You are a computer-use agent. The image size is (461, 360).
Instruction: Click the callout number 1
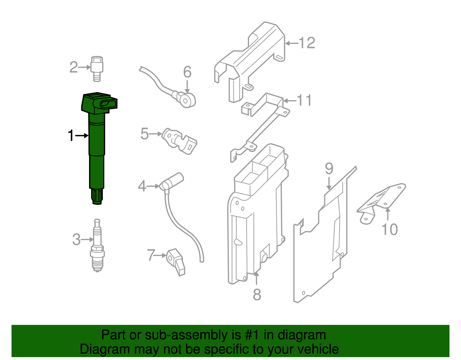[x=71, y=135]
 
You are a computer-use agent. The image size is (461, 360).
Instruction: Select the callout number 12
[x=307, y=43]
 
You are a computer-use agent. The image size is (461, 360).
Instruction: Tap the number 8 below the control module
[x=257, y=295]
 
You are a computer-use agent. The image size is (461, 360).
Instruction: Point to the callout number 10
[x=389, y=229]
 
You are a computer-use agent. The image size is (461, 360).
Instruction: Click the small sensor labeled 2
[x=97, y=68]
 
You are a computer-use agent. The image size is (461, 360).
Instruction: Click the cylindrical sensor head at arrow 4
[x=172, y=181]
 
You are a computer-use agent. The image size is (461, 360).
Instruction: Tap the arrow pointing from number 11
[x=290, y=101]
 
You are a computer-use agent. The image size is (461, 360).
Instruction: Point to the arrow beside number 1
[x=82, y=135]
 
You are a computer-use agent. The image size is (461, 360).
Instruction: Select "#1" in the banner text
[x=252, y=335]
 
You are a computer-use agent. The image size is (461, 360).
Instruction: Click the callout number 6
[x=187, y=72]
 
